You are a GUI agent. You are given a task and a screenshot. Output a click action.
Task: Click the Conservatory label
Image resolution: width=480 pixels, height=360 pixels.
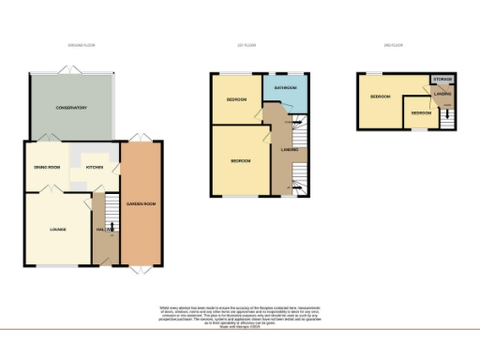pos(71,108)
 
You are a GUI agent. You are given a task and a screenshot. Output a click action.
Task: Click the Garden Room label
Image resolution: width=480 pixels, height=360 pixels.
pos(141,204)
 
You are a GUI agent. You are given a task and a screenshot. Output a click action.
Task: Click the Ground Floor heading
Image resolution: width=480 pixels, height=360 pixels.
pos(83,45)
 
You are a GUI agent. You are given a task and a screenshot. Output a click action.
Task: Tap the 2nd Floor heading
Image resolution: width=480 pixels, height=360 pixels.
pos(394,45)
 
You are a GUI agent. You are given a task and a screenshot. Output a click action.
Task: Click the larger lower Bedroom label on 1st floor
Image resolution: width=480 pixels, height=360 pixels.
pos(241,161)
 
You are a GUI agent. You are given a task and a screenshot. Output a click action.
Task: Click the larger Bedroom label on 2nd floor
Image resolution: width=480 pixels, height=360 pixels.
pos(380,97)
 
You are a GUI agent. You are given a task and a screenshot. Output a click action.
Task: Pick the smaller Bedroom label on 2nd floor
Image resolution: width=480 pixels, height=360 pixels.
pos(421,113)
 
